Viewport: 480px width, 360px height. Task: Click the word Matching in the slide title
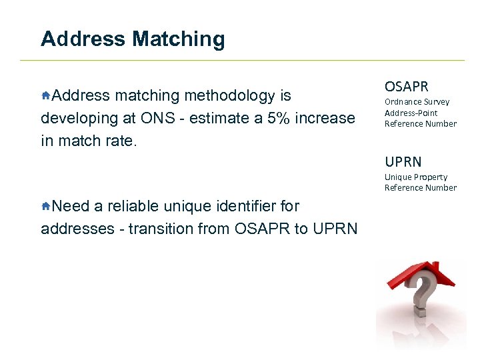pos(178,39)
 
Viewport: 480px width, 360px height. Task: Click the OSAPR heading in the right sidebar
pos(406,87)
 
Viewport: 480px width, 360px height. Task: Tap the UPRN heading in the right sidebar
pos(403,162)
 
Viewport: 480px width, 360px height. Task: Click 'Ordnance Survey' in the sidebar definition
pos(417,102)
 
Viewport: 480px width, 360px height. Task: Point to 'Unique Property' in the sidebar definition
pos(415,177)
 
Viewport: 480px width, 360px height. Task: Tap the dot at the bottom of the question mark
pos(419,311)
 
